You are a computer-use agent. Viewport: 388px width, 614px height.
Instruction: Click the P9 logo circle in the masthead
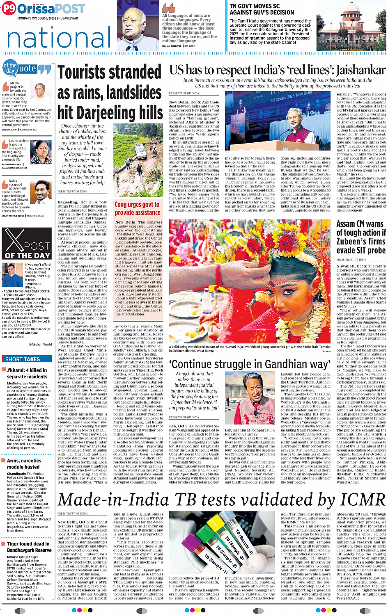tap(9, 9)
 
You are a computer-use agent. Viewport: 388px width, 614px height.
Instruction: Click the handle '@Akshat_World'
tap(40, 344)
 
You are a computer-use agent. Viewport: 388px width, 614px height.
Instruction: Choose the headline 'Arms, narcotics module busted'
tap(24, 463)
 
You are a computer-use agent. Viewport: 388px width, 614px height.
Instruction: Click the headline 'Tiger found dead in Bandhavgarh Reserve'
tap(28, 547)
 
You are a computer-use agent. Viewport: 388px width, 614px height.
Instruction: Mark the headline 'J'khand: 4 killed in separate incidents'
tap(27, 373)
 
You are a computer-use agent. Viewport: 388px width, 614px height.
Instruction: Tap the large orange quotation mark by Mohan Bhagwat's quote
tap(168, 8)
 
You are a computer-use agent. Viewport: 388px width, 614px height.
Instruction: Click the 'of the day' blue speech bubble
tap(10, 68)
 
